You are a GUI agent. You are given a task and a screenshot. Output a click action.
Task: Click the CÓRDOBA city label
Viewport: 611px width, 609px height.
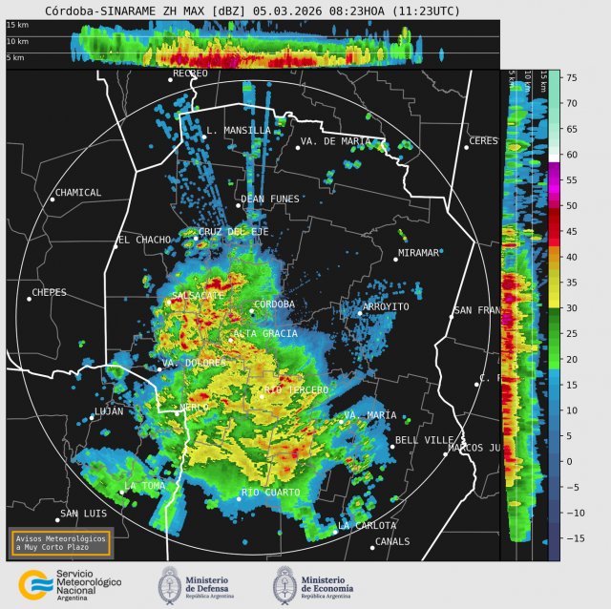[276, 304]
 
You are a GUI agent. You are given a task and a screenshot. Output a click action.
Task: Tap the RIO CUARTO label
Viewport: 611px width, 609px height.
[270, 493]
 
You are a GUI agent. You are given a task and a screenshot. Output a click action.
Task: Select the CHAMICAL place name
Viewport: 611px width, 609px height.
[78, 193]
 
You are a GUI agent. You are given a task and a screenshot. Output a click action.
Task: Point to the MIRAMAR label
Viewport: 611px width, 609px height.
[421, 253]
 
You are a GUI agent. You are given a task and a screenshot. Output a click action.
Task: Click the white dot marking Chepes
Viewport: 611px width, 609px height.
[29, 299]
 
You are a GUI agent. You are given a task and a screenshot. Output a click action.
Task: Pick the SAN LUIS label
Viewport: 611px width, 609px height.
[82, 514]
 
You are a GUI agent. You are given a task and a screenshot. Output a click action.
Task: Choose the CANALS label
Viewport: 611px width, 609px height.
[392, 541]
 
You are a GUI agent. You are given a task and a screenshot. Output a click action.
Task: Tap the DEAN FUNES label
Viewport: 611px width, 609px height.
[270, 199]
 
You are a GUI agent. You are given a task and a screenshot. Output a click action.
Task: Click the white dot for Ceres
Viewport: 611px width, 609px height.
[467, 146]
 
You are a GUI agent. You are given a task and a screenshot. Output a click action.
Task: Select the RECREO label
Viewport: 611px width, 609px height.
[190, 73]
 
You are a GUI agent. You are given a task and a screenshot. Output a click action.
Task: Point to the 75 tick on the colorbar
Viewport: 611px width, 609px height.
[570, 77]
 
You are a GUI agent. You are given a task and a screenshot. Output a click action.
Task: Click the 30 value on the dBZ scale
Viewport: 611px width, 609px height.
[570, 307]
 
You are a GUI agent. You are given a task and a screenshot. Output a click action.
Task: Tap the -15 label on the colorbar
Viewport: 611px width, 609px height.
[573, 538]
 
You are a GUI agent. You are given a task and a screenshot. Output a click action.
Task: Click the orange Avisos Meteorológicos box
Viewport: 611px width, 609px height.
[61, 542]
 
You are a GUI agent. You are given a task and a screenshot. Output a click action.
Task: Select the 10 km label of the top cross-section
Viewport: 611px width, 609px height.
[17, 42]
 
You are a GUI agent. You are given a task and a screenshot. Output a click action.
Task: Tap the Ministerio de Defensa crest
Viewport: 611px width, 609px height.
[170, 584]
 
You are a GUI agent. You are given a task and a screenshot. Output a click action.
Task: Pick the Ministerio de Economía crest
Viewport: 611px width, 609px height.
[285, 584]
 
